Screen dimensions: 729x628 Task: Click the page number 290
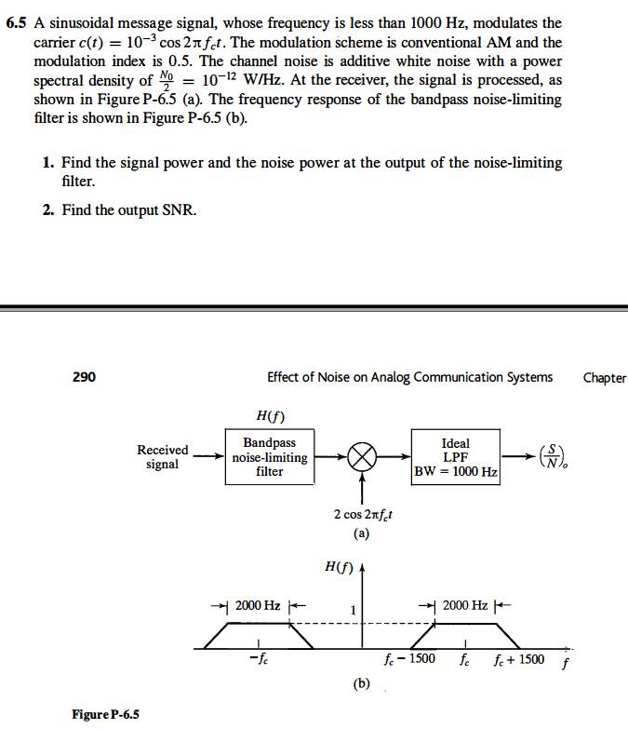tap(84, 377)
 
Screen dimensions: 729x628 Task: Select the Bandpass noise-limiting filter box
tap(269, 457)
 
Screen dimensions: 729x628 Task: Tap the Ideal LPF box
tap(456, 457)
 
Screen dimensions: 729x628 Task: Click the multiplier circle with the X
tap(363, 457)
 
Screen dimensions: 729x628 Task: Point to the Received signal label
tap(163, 457)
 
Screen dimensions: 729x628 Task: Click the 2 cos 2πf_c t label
tap(362, 515)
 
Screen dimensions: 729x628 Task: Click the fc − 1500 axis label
tap(409, 661)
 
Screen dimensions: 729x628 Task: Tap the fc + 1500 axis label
tap(519, 661)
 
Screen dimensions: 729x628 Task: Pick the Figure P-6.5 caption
tap(105, 714)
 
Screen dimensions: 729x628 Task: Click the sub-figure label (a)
tap(362, 534)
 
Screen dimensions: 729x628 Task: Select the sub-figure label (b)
tap(362, 683)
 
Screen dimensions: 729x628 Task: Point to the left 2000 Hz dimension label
tap(258, 605)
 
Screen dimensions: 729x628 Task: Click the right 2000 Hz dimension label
tap(464, 605)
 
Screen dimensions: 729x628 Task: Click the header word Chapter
tap(604, 377)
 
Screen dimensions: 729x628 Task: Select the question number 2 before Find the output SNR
tap(47, 210)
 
